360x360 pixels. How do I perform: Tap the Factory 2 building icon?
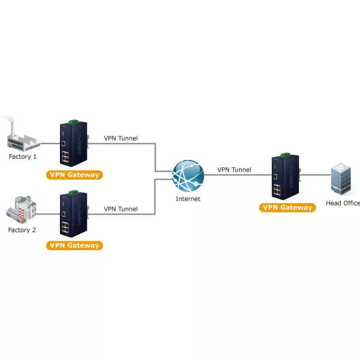tap(22, 210)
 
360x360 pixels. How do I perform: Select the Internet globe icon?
tap(188, 175)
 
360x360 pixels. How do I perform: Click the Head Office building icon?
tap(341, 180)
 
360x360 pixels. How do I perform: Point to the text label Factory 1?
tap(23, 157)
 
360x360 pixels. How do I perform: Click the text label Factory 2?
tap(22, 230)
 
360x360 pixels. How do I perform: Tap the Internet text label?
tap(188, 199)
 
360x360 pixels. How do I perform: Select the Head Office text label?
tap(343, 203)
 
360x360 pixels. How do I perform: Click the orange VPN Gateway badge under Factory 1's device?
tap(74, 174)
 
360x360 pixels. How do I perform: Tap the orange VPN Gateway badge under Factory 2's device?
tap(74, 246)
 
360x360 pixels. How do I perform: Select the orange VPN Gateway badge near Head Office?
tap(287, 208)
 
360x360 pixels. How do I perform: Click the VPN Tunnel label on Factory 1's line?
tap(120, 139)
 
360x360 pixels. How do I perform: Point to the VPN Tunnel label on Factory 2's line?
tap(120, 209)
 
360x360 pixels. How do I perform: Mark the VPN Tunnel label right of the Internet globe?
tap(234, 170)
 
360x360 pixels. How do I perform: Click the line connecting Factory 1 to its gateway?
tap(49, 143)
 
